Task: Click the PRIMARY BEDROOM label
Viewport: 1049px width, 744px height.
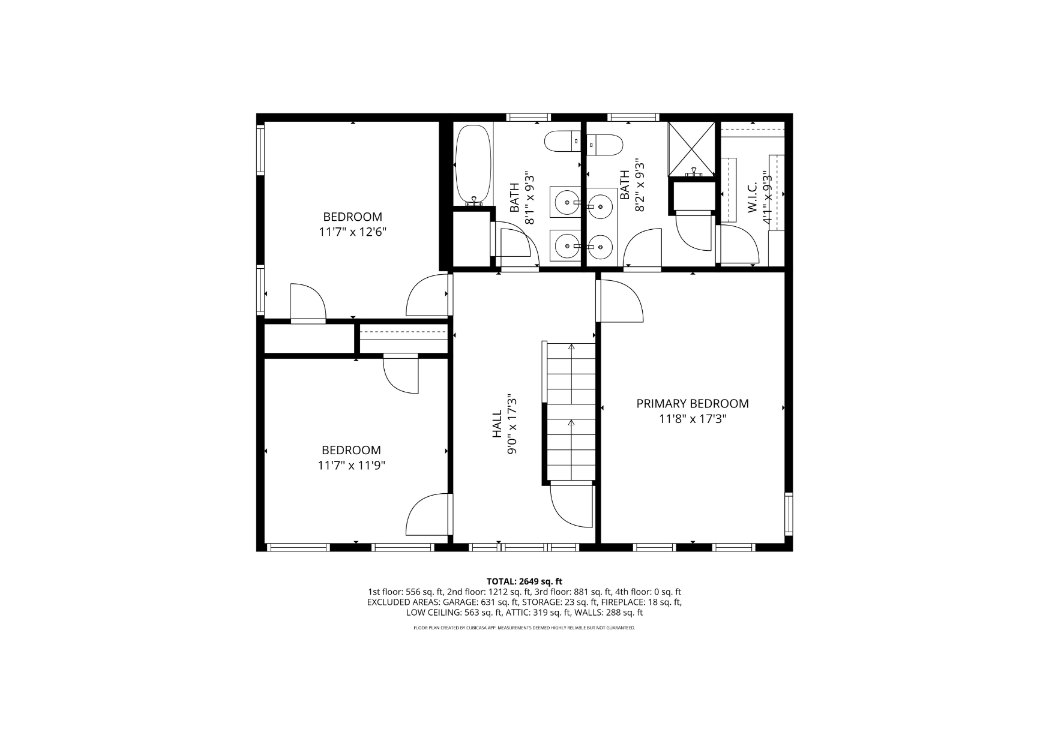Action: tap(693, 404)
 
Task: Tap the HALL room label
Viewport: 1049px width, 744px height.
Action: tap(497, 424)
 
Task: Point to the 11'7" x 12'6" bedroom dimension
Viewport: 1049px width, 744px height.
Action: tap(353, 232)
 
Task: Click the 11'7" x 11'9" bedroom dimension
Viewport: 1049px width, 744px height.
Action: tap(352, 465)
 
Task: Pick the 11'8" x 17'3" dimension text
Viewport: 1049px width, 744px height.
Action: tap(693, 419)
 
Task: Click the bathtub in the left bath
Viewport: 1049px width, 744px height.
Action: tap(473, 164)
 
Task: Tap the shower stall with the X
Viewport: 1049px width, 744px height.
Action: tap(692, 149)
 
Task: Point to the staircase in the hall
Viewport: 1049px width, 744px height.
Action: tap(571, 412)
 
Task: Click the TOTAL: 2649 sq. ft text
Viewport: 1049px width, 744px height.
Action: tap(524, 581)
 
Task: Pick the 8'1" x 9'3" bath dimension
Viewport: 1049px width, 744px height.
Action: tap(529, 198)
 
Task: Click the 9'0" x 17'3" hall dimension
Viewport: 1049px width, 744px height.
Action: tap(512, 424)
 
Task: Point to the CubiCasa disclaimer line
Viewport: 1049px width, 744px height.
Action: tap(524, 628)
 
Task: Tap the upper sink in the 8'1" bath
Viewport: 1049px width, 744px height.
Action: tap(566, 203)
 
